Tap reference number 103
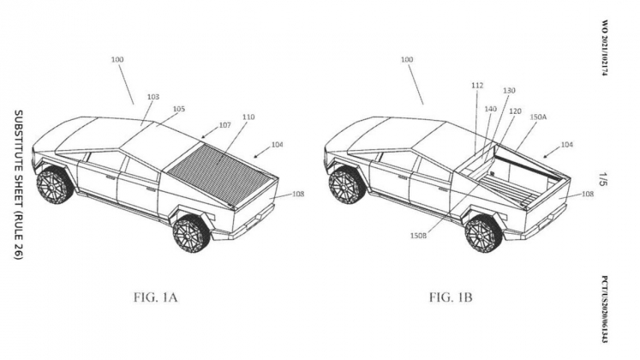pyautogui.click(x=153, y=98)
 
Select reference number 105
pyautogui.click(x=178, y=109)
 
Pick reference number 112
pyautogui.click(x=477, y=85)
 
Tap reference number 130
pyautogui.click(x=509, y=90)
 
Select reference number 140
pyautogui.click(x=491, y=111)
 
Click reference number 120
pyautogui.click(x=516, y=111)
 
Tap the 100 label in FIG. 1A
pyautogui.click(x=116, y=60)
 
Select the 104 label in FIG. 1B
pyautogui.click(x=568, y=147)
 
